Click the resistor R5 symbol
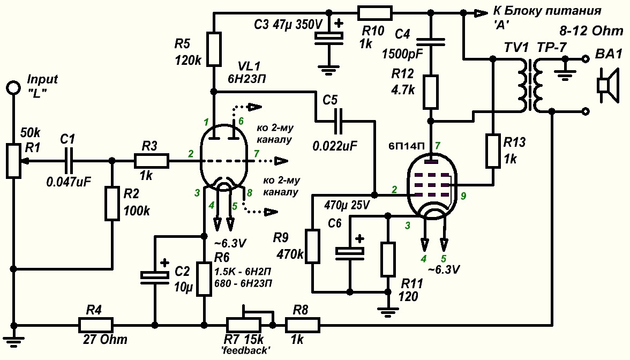(x=214, y=49)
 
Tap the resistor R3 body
(x=152, y=161)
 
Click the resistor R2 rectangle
(x=111, y=202)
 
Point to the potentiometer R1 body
(x=13, y=160)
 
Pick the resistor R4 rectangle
(x=96, y=325)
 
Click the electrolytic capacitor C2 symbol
(x=155, y=275)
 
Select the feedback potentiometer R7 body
(x=243, y=325)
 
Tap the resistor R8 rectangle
(x=302, y=325)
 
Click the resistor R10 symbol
(x=373, y=13)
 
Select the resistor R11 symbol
(x=387, y=259)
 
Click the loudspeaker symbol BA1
(x=606, y=85)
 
